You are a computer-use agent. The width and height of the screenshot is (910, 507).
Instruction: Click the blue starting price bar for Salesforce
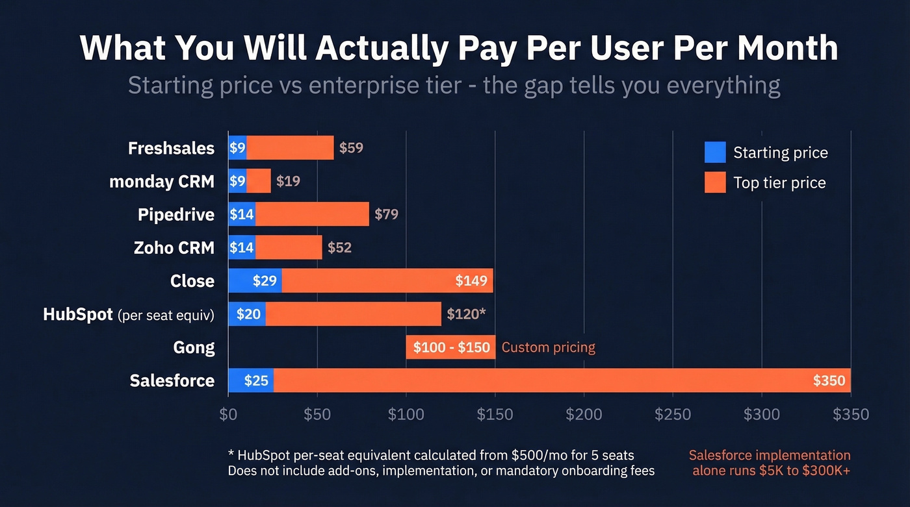[x=251, y=380]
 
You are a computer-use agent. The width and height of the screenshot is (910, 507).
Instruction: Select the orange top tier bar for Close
[x=387, y=280]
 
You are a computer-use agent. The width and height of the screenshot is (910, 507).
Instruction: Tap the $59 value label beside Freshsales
[x=351, y=147]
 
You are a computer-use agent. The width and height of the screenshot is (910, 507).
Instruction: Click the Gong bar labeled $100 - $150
[x=450, y=347]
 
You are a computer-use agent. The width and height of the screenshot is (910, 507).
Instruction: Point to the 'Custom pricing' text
[x=548, y=347]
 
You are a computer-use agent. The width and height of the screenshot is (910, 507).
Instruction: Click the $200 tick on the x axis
[x=584, y=414]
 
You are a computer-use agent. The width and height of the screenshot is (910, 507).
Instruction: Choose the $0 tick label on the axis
[x=228, y=414]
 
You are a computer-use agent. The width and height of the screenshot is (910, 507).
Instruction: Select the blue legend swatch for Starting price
[x=715, y=153]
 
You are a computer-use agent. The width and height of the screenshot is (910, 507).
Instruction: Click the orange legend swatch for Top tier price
[x=715, y=182]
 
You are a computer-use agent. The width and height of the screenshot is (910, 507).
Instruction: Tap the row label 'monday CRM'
[x=161, y=181]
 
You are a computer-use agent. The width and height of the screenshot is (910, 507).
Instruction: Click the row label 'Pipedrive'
[x=175, y=214]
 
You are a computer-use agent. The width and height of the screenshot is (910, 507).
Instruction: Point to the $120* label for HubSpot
[x=466, y=314]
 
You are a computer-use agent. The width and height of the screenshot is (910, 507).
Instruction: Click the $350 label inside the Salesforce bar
[x=829, y=380]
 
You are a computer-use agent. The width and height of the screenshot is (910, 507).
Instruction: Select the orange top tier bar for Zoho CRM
[x=289, y=247]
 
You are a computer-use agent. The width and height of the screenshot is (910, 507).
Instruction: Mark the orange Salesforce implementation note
[x=770, y=463]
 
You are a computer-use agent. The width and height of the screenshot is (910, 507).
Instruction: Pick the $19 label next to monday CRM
[x=288, y=181]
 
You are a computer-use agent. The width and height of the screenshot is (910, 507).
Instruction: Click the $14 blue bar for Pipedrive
[x=241, y=214]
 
